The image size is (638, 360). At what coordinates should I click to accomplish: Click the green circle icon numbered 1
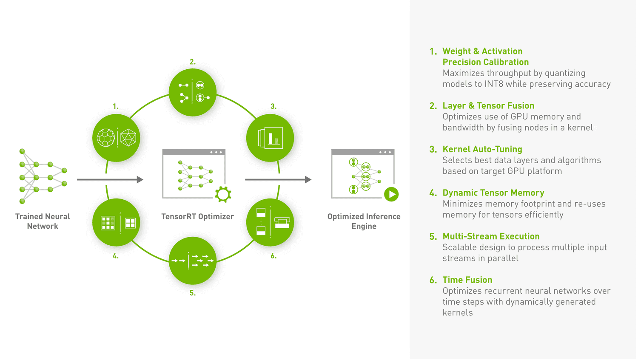coord(116,138)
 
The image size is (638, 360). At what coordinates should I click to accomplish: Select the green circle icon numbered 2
coord(193,92)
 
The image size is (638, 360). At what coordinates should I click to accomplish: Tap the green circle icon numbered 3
coord(270,138)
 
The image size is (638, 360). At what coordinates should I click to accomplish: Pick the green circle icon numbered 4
coord(116,222)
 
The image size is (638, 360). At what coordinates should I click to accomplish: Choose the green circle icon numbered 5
coord(193,261)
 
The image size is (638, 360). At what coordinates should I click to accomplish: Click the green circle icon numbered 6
coord(270,222)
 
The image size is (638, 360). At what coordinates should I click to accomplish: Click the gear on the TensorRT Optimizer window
coord(223,194)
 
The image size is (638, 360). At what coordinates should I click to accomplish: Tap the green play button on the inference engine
coord(391,194)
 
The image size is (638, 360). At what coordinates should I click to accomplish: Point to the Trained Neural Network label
coord(43,221)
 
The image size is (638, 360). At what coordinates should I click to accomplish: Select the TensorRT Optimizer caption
coord(197,216)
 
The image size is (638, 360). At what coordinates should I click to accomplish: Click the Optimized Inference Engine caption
coord(364,221)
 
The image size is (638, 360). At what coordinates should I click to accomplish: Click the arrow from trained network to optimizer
coord(110,179)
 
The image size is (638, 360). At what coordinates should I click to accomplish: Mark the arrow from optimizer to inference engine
coord(278,179)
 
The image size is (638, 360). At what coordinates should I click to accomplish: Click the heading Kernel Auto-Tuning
coord(482,149)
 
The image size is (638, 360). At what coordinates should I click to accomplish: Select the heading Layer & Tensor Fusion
coord(488,105)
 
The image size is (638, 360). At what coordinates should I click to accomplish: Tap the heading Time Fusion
coord(467,280)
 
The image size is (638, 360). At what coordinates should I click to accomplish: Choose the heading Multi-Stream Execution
coord(491,236)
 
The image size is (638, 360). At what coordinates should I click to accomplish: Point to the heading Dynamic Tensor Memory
coord(493,193)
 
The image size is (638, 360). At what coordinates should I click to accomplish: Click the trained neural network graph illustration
coord(43,176)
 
